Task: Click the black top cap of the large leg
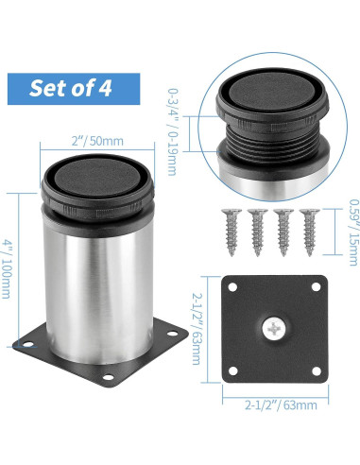99,175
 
